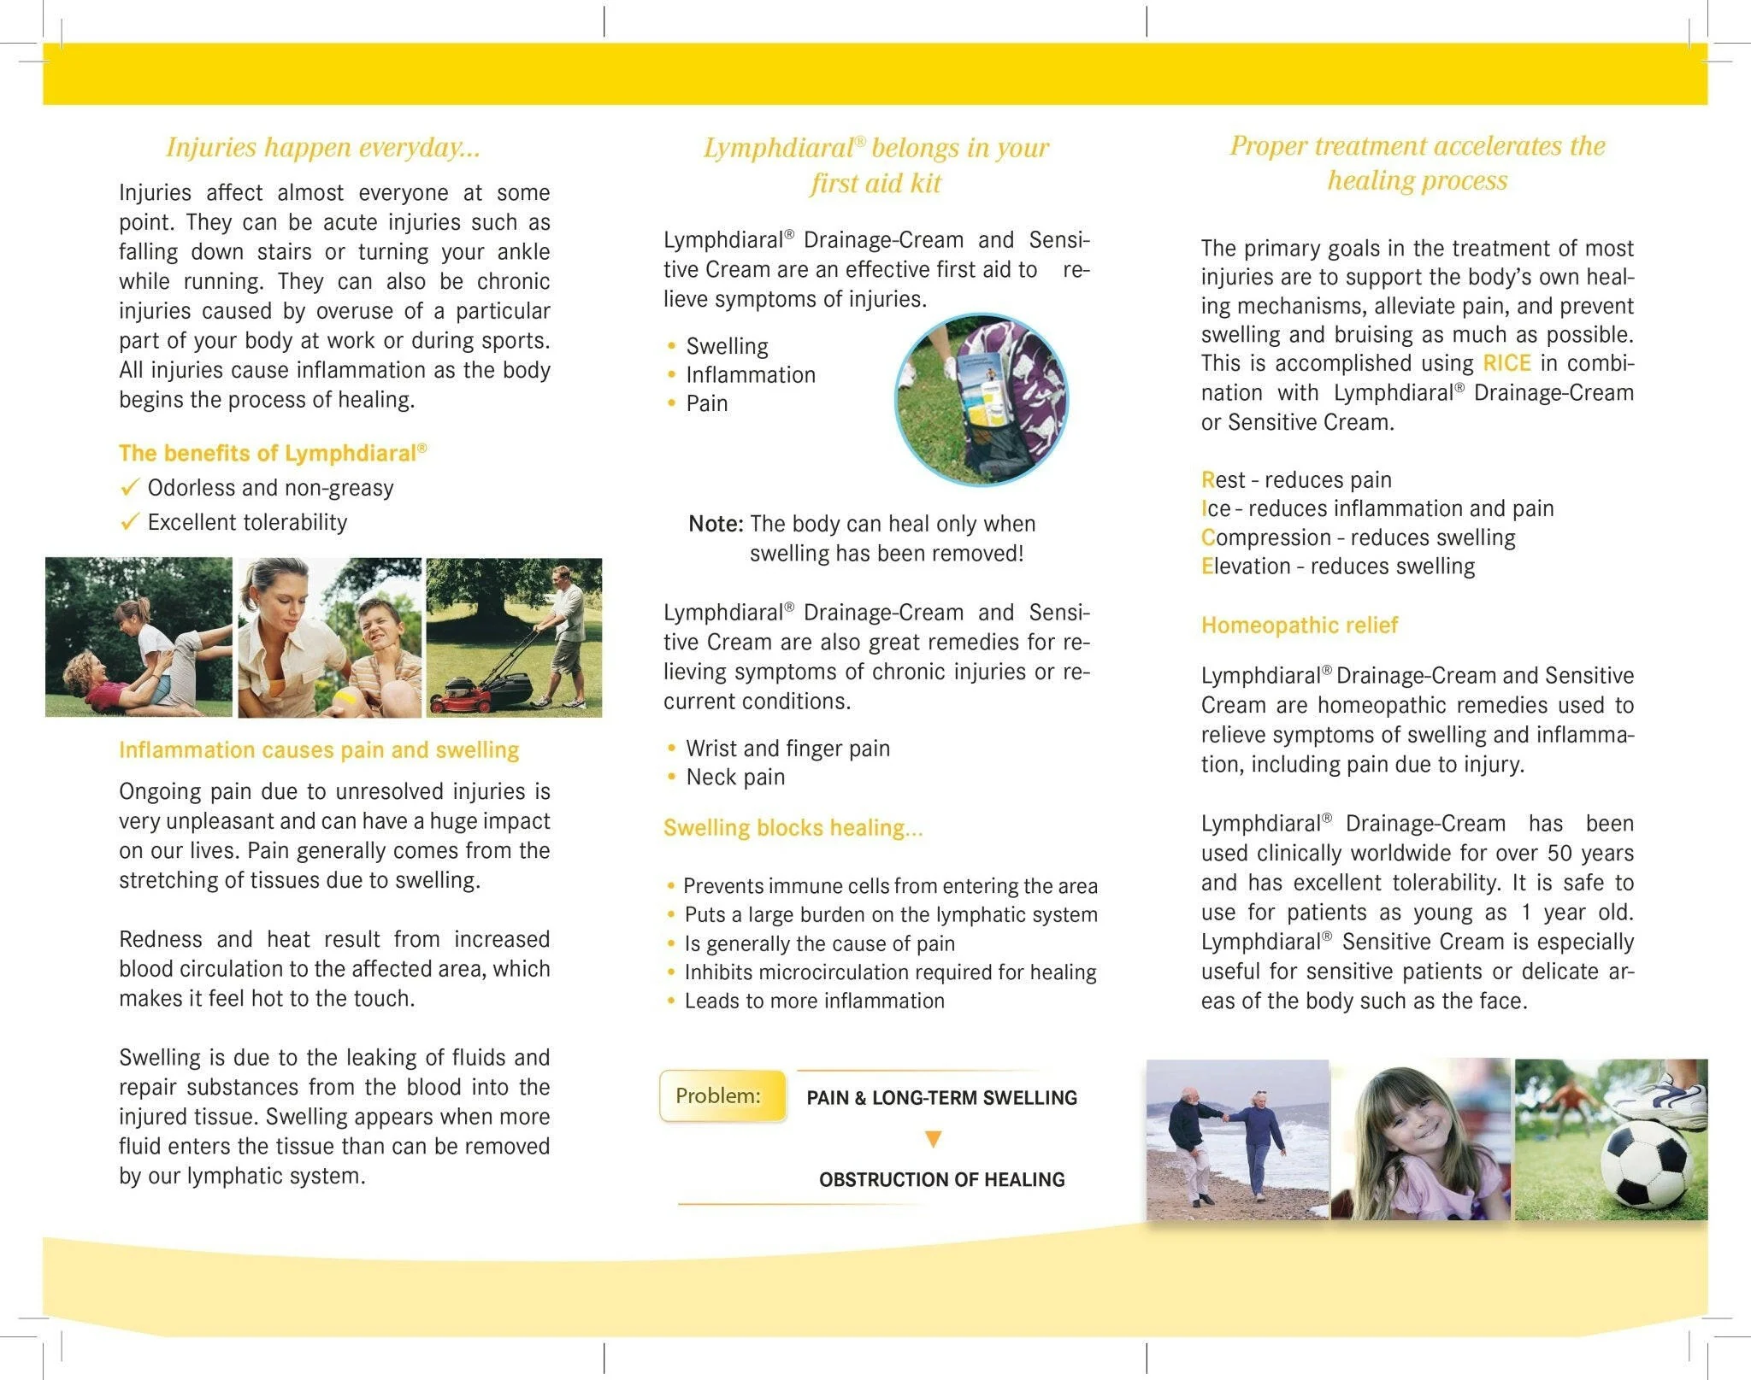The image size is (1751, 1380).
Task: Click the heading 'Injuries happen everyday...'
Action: (x=323, y=147)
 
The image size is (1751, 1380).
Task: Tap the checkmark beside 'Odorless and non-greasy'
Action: (x=129, y=488)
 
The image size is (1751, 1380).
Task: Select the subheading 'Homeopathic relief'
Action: (x=1299, y=625)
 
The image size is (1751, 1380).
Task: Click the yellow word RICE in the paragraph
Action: (x=1506, y=363)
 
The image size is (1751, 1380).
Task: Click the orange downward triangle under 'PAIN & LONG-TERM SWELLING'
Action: (x=934, y=1139)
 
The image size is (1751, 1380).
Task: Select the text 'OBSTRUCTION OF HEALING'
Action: (x=941, y=1179)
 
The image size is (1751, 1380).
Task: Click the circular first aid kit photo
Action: (x=981, y=399)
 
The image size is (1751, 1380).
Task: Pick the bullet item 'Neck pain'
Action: (x=734, y=778)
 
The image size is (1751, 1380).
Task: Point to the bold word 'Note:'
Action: (x=716, y=524)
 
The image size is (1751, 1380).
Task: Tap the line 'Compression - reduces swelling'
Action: (x=1358, y=537)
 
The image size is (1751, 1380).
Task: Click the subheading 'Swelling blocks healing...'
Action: (x=793, y=828)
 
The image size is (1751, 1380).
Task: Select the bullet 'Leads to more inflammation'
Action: (x=814, y=1001)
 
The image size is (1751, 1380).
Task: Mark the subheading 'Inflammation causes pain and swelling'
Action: (x=319, y=750)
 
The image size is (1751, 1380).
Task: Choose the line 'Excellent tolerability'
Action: (x=247, y=522)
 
